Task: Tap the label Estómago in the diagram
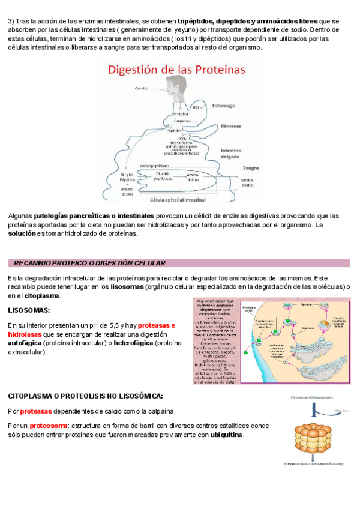225,105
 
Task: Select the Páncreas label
230,127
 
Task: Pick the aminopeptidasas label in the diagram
154,165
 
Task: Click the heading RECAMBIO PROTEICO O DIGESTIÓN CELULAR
89,263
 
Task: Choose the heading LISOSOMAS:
29,310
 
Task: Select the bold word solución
22,233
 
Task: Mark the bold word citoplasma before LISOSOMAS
41,295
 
